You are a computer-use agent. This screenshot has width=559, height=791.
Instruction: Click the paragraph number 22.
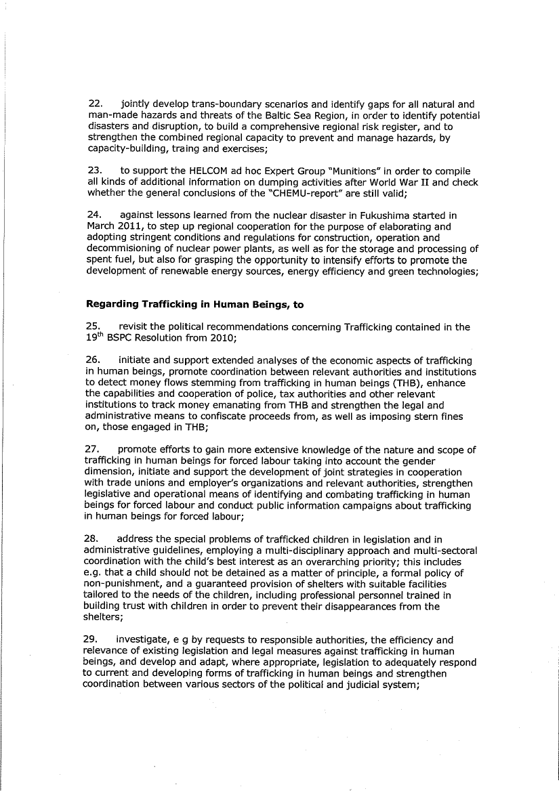point(96,105)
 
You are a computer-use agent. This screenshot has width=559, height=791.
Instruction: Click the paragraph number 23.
point(96,171)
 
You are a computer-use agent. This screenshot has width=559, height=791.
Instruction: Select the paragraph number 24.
point(96,216)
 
